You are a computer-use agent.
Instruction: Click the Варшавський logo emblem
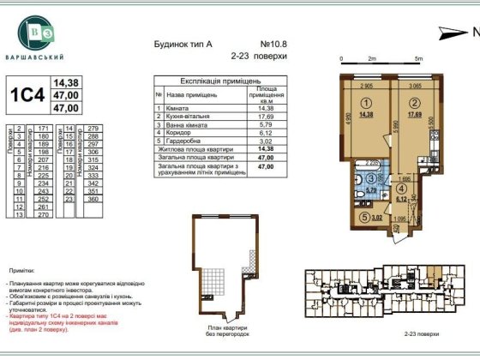point(37,34)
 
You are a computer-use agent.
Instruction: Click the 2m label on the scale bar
point(372,59)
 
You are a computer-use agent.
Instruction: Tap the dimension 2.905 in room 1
point(366,86)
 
